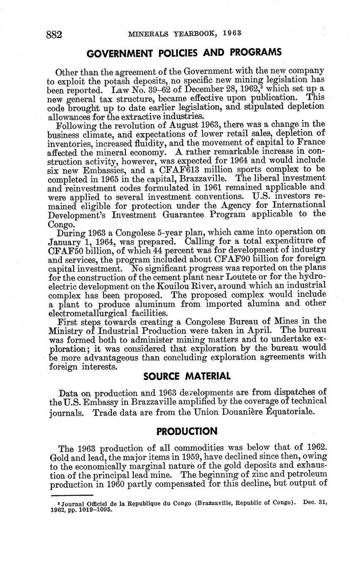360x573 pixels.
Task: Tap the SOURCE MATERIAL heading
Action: pos(186,376)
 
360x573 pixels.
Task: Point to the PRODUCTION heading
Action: pos(186,431)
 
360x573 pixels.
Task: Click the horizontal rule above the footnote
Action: pos(72,495)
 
